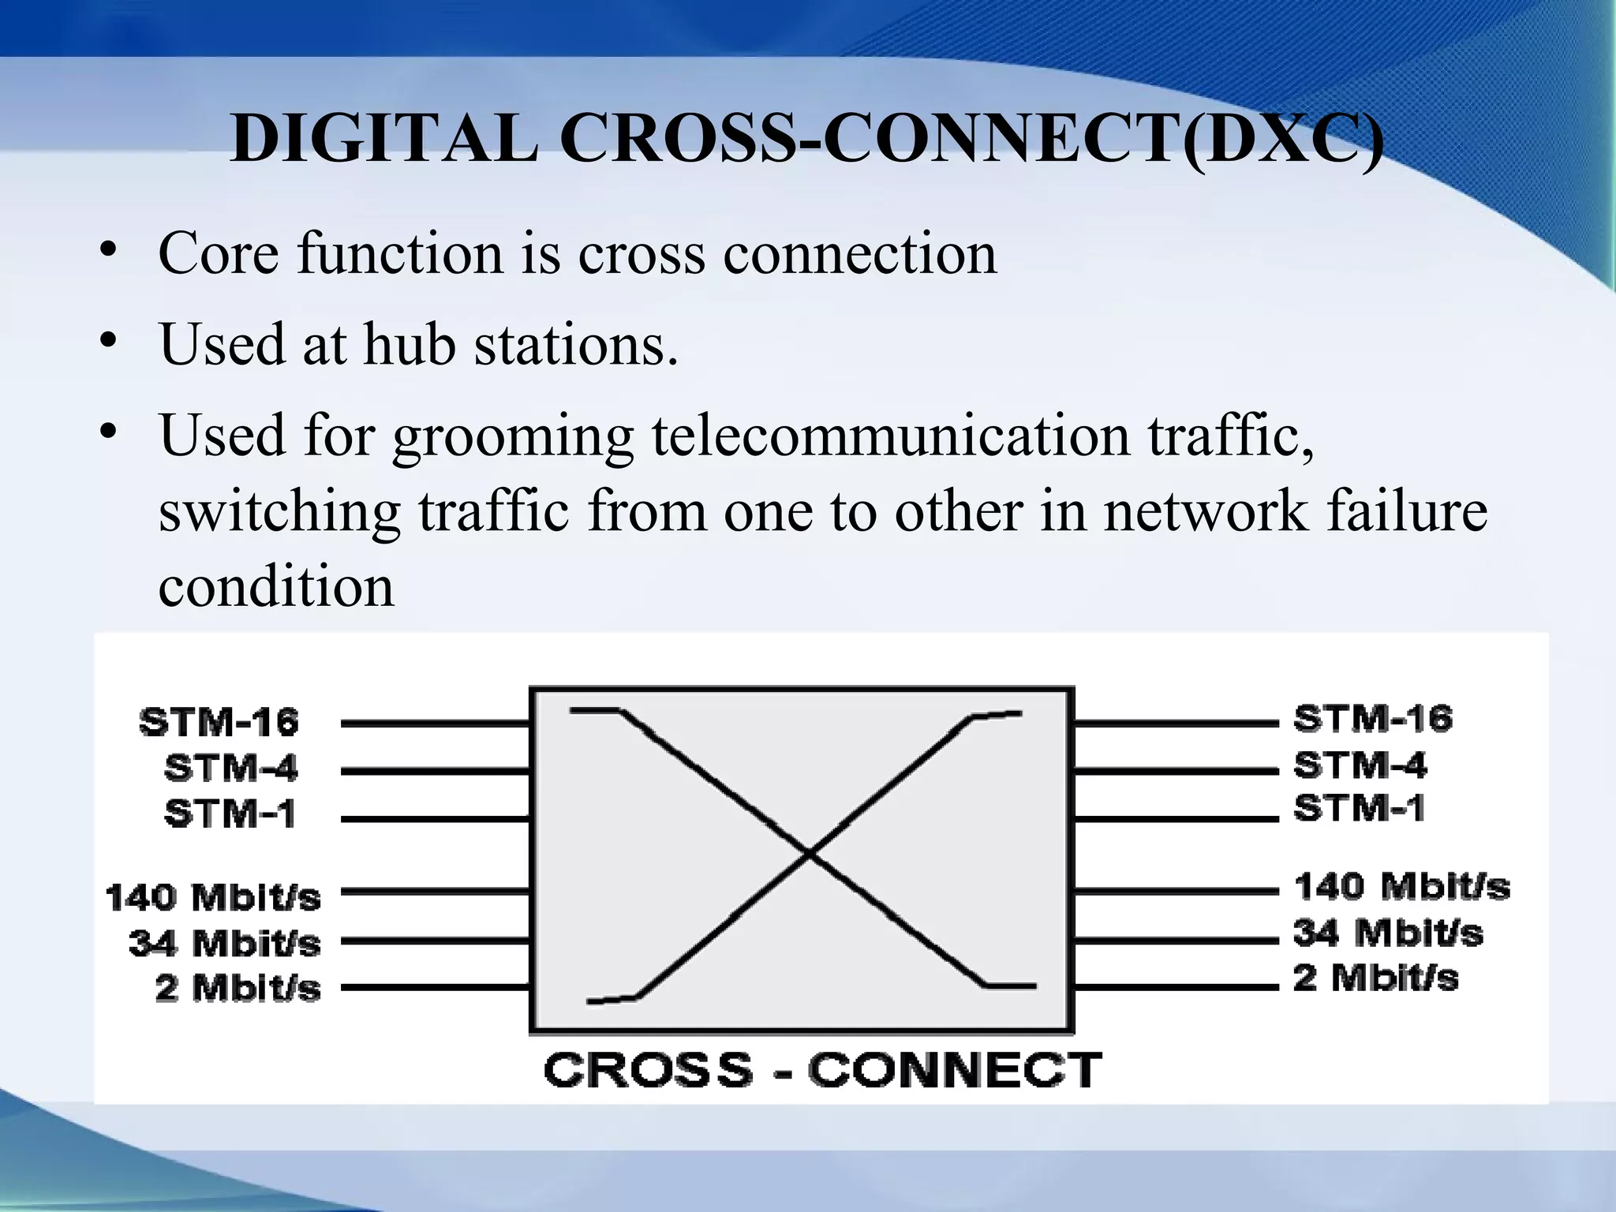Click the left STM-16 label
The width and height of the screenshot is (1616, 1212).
219,723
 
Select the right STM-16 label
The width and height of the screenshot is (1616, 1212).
1373,719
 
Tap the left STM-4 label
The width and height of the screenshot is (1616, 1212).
231,768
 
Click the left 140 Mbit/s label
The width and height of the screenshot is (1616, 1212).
213,898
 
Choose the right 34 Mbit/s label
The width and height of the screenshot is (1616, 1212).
1388,933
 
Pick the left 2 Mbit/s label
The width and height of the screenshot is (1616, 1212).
238,988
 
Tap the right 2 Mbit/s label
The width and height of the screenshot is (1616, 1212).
1376,978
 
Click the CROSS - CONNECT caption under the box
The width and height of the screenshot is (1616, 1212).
822,1071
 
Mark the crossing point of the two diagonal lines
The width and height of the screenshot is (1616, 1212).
810,852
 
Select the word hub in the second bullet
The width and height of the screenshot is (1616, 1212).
410,345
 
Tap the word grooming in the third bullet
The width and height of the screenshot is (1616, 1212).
513,436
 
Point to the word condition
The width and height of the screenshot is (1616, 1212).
276,587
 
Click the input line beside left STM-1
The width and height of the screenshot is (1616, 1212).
435,819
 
